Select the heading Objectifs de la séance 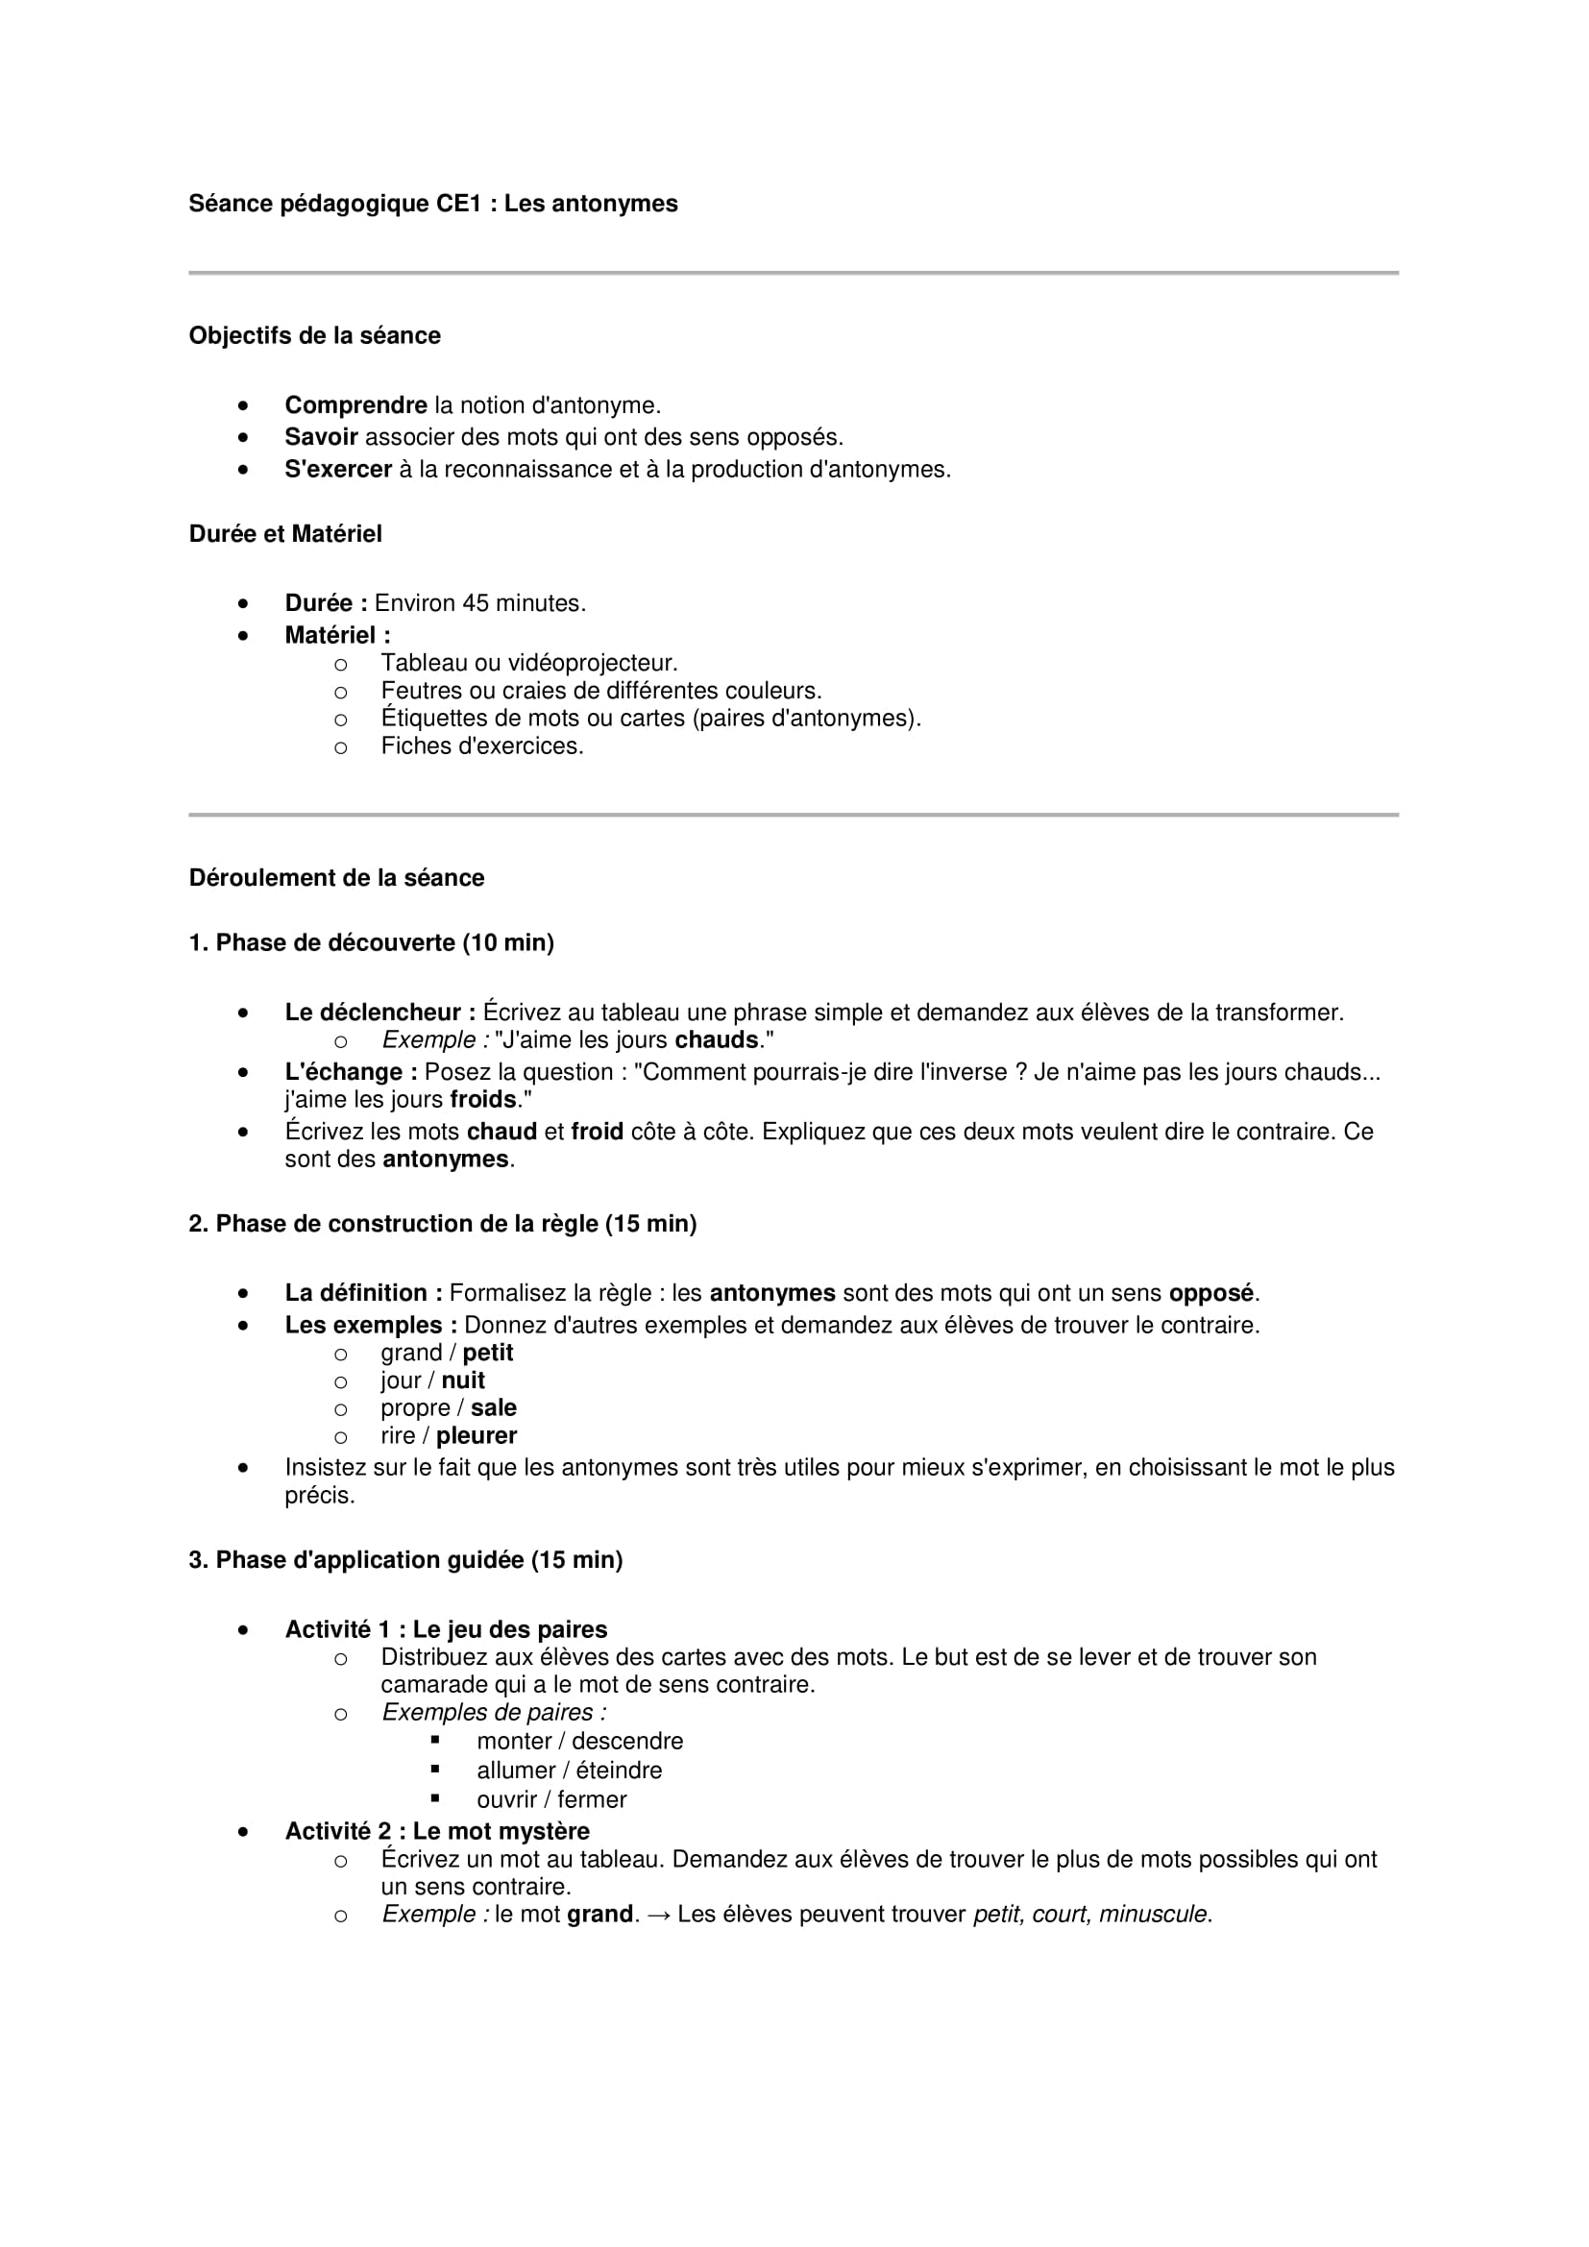[314, 335]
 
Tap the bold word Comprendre [355, 405]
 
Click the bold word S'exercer [337, 470]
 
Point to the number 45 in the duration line [476, 604]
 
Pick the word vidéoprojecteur [593, 664]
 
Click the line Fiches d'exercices [481, 745]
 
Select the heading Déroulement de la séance [335, 878]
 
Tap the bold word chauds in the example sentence [717, 1039]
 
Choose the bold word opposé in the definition [1210, 1293]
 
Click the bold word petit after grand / [487, 1353]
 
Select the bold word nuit [463, 1380]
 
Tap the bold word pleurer [477, 1435]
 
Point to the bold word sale [493, 1407]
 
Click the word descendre [627, 1741]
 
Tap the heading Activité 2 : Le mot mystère [436, 1831]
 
